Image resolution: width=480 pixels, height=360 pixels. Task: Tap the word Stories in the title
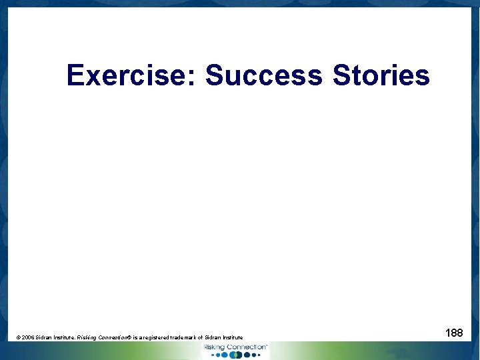point(381,75)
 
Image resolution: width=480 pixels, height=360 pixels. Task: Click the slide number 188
point(454,332)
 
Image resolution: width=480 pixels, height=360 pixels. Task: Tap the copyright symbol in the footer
point(18,338)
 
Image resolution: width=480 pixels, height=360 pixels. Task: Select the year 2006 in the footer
point(27,338)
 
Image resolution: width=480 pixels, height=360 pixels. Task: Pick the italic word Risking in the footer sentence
point(87,338)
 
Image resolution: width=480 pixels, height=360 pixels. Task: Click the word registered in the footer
point(159,338)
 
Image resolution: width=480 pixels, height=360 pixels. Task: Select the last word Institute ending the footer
point(241,338)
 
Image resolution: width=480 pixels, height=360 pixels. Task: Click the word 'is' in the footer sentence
point(136,338)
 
